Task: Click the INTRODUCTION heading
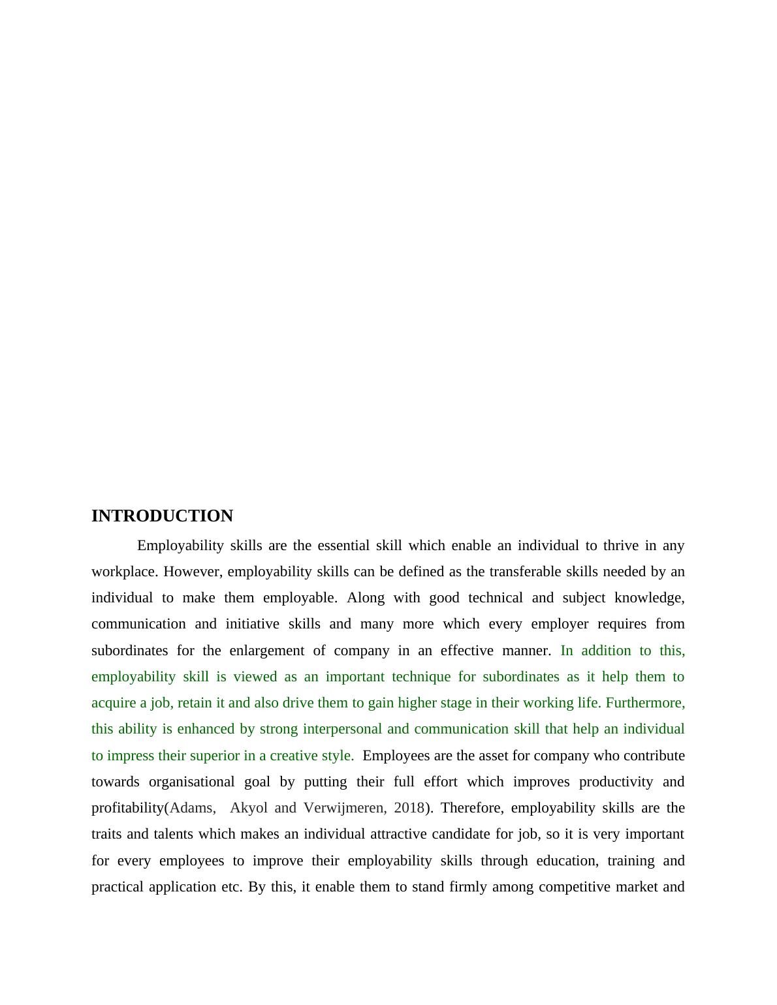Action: [x=162, y=516]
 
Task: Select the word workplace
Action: [x=123, y=572]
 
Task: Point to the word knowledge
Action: [x=649, y=598]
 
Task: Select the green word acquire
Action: [x=112, y=703]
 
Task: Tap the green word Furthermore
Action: [x=645, y=703]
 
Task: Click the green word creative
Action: [x=293, y=756]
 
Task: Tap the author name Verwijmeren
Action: [x=345, y=808]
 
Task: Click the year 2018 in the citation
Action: [x=409, y=808]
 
